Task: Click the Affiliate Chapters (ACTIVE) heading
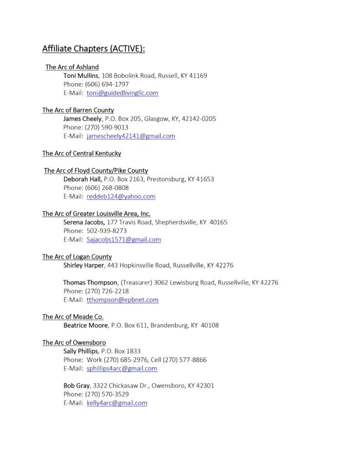point(94,48)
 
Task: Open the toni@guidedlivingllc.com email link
point(122,93)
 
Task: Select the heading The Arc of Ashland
point(72,67)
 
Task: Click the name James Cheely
point(82,119)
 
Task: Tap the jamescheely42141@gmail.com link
point(131,136)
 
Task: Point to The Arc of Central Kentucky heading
point(82,153)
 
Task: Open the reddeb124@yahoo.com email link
point(121,197)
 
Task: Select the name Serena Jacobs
point(84,222)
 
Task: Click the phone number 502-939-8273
point(106,231)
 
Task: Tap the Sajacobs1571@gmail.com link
point(124,239)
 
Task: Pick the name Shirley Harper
point(84,265)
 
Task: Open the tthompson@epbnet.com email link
point(122,300)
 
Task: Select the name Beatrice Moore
point(86,325)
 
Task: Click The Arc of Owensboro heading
point(74,342)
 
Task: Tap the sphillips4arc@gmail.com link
point(122,369)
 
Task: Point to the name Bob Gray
point(76,385)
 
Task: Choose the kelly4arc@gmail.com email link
point(117,403)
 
